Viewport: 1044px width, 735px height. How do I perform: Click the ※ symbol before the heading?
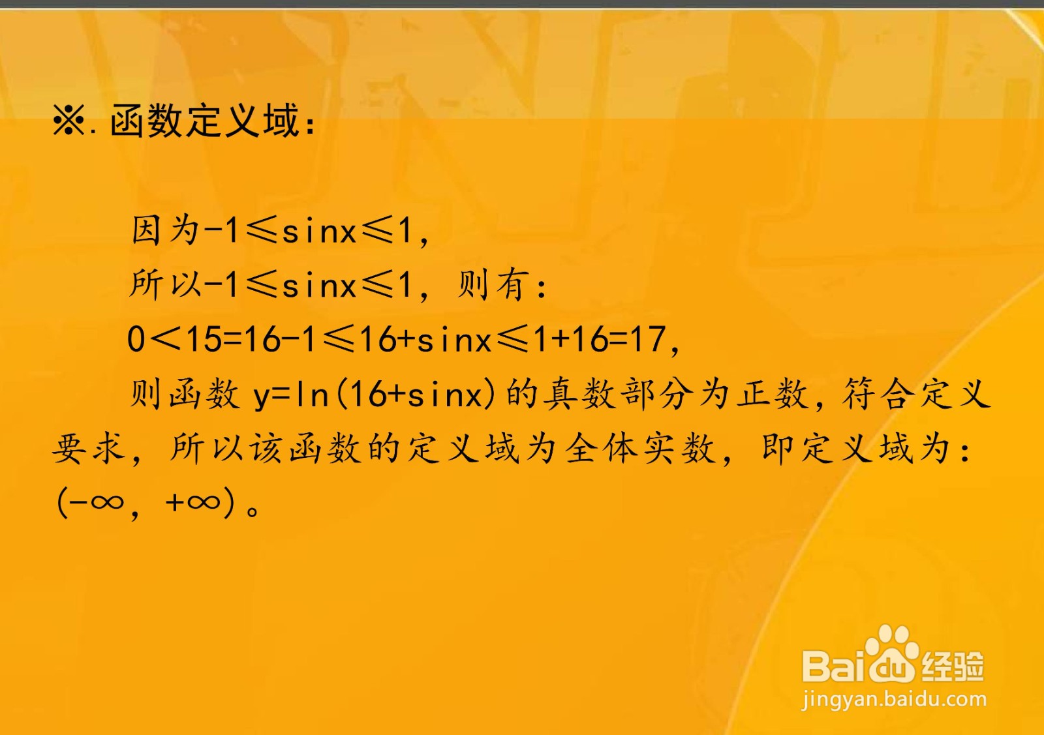point(69,121)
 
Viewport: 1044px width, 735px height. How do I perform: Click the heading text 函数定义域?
point(204,121)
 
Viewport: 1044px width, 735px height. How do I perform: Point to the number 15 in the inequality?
point(204,339)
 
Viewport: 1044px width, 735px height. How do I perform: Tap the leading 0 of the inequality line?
point(136,339)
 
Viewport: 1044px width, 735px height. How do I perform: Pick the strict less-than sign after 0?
point(166,339)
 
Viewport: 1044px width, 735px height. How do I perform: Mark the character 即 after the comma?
point(780,449)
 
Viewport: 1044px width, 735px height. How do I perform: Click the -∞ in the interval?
point(98,502)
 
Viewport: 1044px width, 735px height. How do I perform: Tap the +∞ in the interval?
point(193,502)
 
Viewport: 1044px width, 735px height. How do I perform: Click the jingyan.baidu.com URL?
point(895,699)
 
